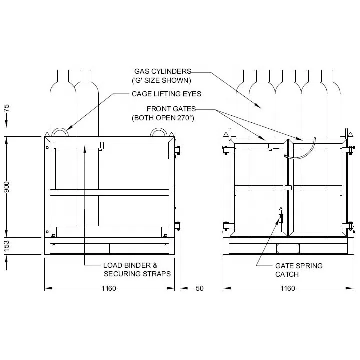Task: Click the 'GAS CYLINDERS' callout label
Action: pos(163,71)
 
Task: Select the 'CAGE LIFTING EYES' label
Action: pos(166,93)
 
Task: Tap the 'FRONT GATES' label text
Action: pos(171,109)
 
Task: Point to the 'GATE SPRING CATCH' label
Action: pos(299,270)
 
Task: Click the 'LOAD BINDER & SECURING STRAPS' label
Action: pos(137,269)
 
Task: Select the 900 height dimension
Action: pos(7,187)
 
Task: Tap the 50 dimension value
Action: pos(200,288)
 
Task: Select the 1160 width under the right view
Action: pos(287,288)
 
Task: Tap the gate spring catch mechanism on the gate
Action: pos(280,217)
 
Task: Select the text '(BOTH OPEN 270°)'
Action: pos(162,118)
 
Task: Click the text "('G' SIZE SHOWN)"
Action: pos(161,80)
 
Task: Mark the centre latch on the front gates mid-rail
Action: pos(288,188)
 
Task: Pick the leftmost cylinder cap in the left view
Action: pos(63,76)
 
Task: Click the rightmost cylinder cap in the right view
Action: pos(327,76)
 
